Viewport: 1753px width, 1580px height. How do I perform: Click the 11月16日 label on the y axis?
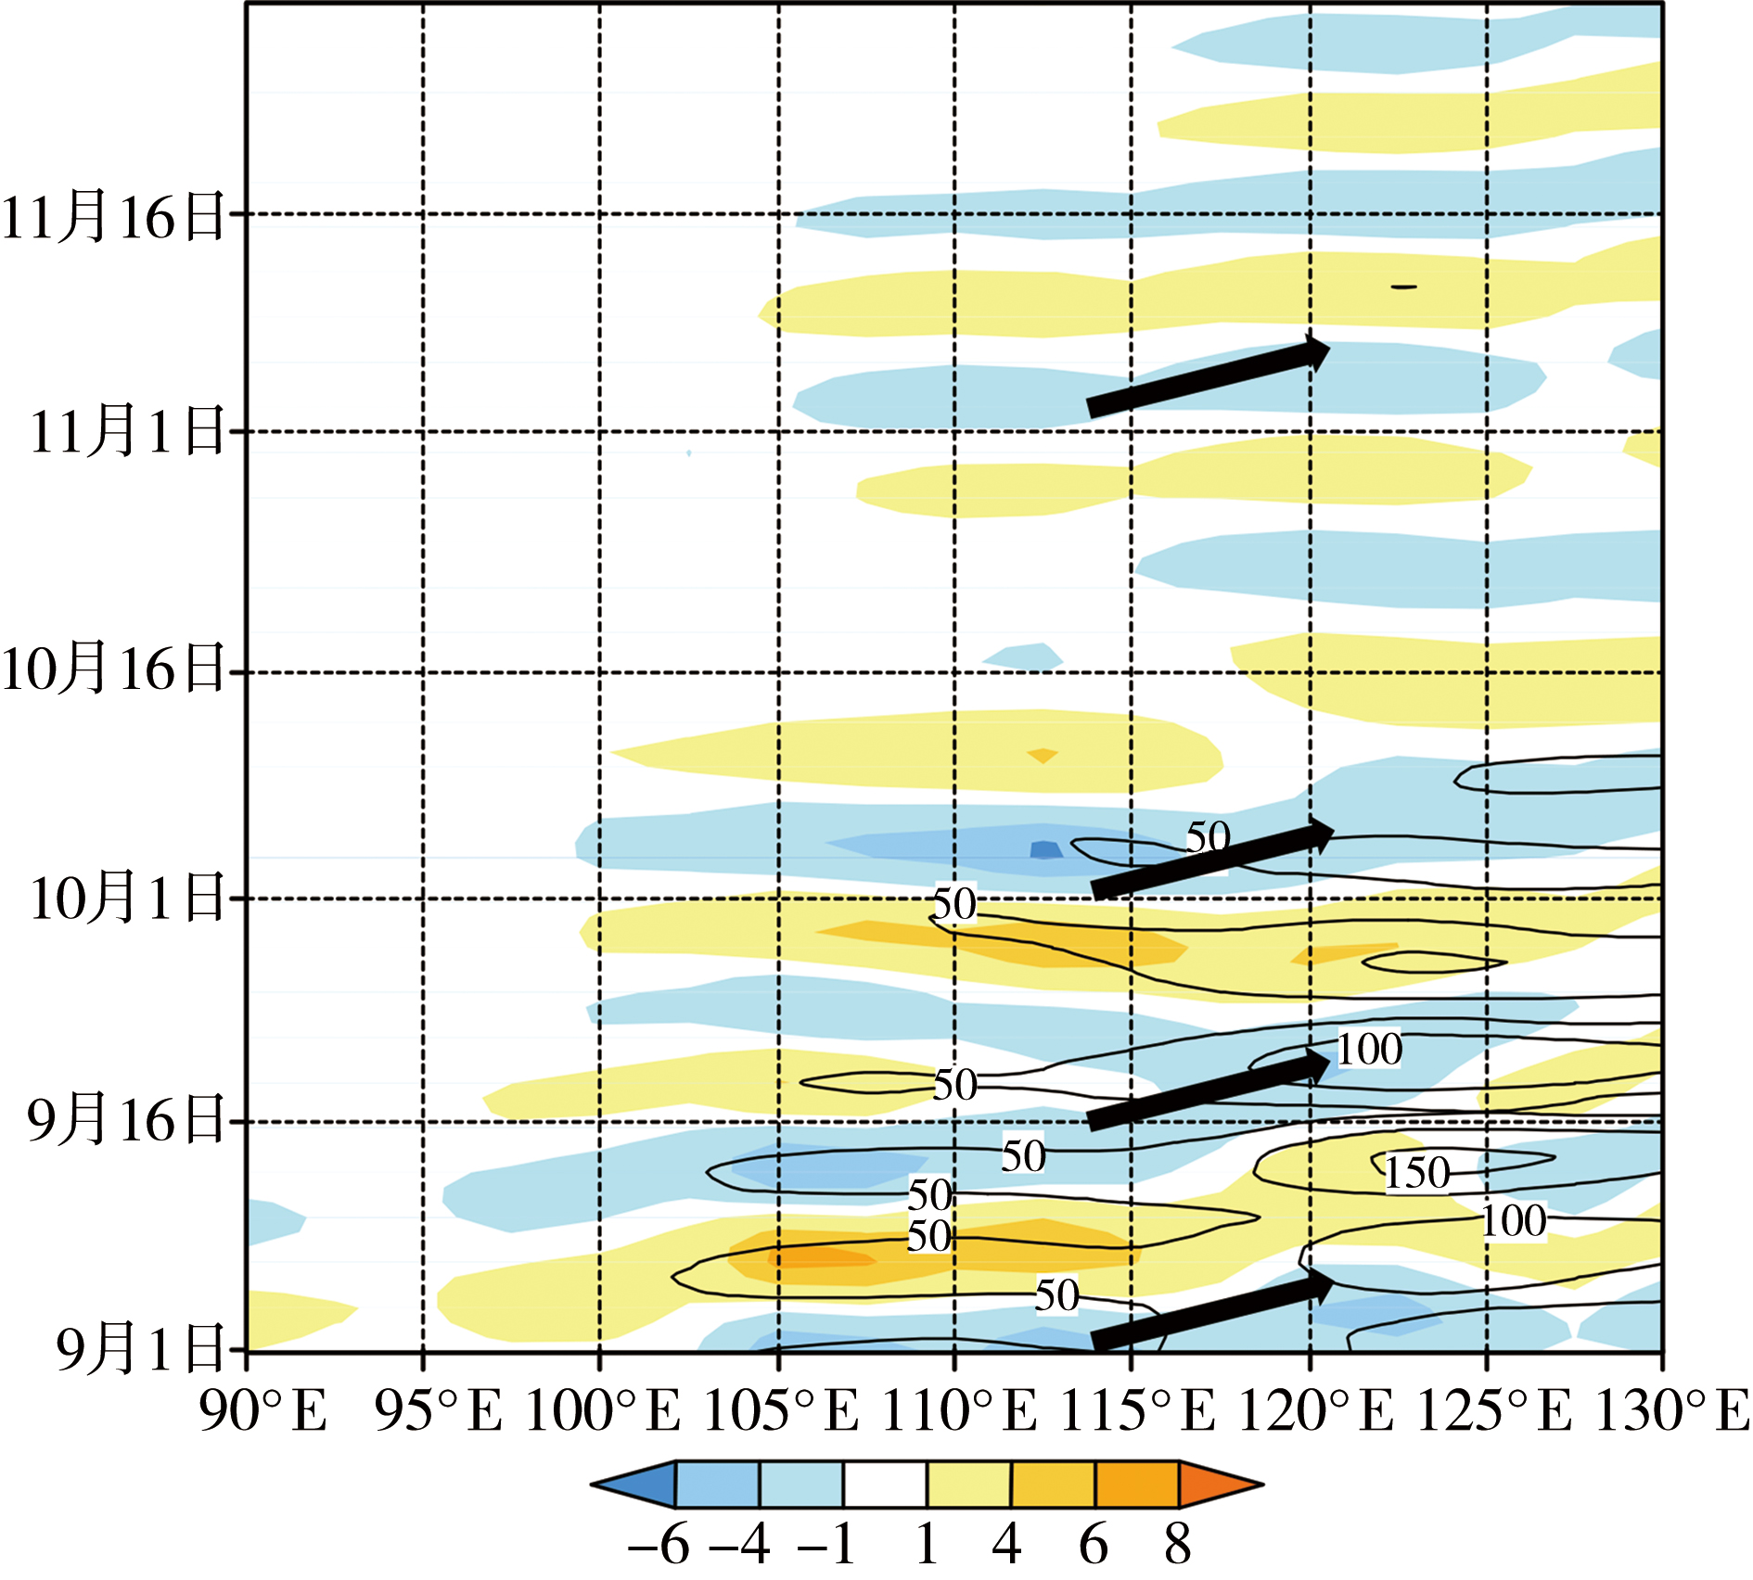click(x=113, y=216)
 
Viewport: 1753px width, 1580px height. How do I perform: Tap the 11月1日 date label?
click(x=127, y=431)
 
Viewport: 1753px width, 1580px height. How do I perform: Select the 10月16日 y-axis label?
click(x=113, y=669)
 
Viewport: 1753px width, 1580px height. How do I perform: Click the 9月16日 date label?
click(x=127, y=1119)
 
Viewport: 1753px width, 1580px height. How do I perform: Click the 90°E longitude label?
click(x=263, y=1412)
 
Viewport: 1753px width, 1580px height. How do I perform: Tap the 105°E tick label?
click(x=780, y=1412)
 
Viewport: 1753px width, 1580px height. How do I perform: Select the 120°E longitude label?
click(x=1315, y=1412)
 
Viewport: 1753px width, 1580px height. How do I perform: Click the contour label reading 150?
click(x=1417, y=1173)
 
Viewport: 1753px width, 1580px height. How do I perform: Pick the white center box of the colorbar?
click(x=885, y=1484)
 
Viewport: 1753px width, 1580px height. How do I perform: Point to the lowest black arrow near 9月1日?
click(x=1211, y=1312)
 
